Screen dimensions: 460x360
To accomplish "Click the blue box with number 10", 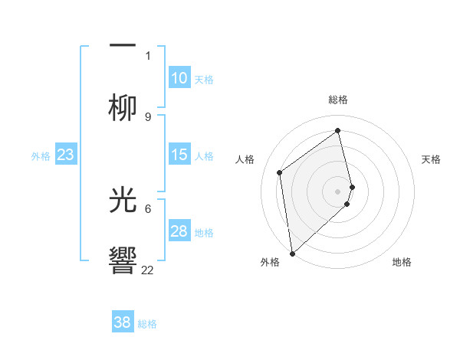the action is tap(179, 78).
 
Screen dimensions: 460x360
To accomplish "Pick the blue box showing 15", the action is tap(179, 155).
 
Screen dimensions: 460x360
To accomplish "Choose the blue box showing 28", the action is tap(179, 231).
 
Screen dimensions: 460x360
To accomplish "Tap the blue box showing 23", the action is tap(66, 155).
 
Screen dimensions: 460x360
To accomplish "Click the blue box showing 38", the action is tap(123, 322).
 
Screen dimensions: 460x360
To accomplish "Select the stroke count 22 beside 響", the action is tap(148, 270).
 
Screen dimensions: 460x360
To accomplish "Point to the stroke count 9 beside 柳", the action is tap(148, 116).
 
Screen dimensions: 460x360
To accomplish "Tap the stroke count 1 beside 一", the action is tap(148, 55).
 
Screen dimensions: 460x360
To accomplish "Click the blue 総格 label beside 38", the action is tap(147, 324).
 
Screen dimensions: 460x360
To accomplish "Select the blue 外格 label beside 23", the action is tap(41, 156).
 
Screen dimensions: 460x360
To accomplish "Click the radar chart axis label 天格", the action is tap(432, 159).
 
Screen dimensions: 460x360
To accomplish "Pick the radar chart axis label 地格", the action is tap(402, 262).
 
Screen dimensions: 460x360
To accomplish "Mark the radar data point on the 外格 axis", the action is tap(291, 253).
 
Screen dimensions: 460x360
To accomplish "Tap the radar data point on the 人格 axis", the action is tap(280, 172).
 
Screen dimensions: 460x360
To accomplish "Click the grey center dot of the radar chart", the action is tap(338, 191).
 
